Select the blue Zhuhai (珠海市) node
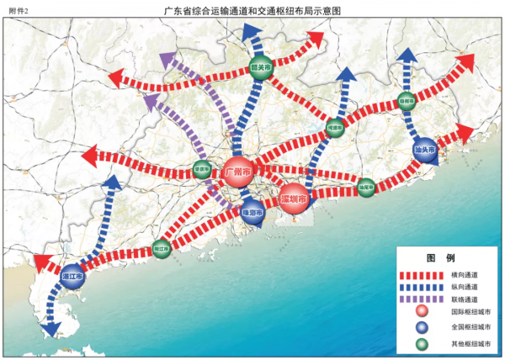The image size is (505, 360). [x=253, y=214]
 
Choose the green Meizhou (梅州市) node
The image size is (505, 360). [x=407, y=102]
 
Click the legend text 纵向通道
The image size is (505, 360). [x=465, y=287]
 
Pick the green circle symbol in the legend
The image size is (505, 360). [x=423, y=343]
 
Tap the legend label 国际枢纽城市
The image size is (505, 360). [x=470, y=313]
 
